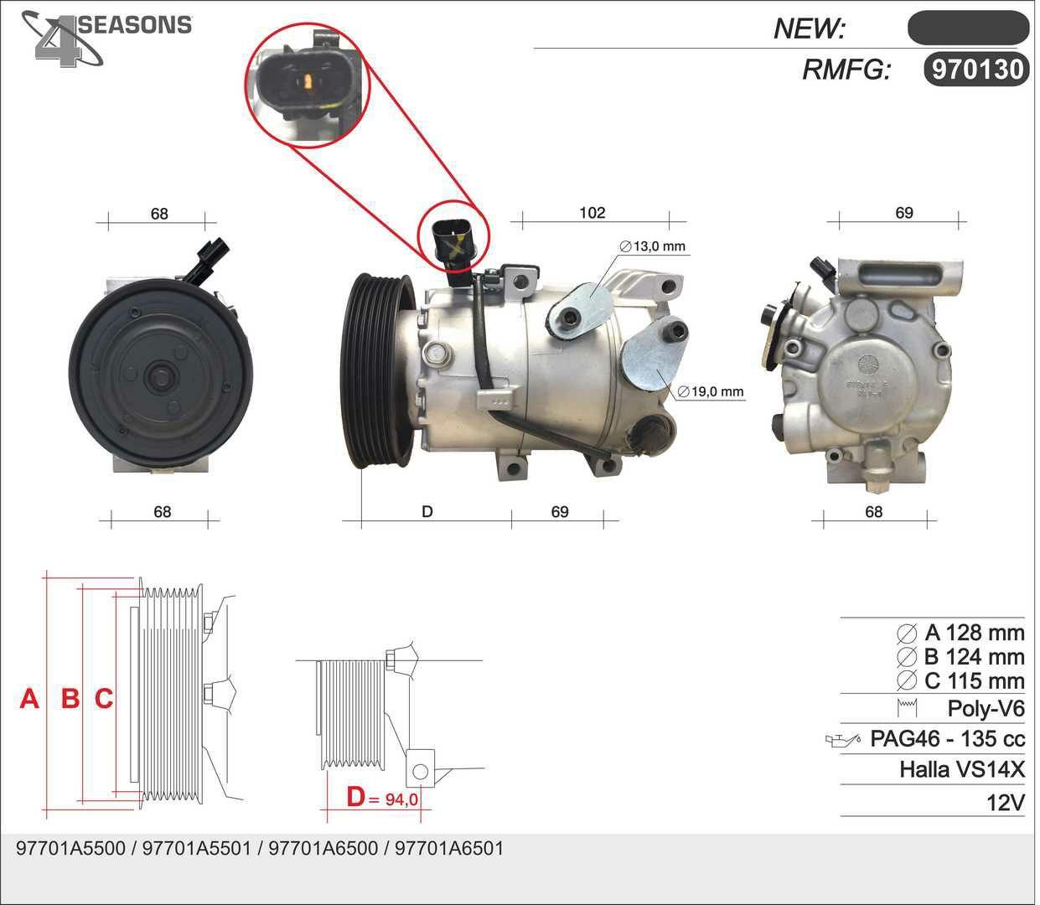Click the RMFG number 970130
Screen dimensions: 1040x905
pos(977,70)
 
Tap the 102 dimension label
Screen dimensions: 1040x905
pos(592,213)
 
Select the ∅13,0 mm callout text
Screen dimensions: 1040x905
pos(653,246)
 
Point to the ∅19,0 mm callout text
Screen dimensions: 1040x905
pos(711,392)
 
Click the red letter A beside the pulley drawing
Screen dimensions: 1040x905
pos(29,699)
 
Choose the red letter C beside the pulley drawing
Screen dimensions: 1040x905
pos(104,699)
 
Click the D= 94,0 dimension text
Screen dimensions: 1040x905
pos(382,797)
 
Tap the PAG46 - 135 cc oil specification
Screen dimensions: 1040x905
pos(948,739)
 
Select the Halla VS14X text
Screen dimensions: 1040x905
pos(962,769)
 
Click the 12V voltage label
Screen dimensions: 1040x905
pos(1006,803)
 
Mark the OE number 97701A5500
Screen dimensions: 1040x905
pos(70,848)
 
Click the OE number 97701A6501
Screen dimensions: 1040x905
pos(449,848)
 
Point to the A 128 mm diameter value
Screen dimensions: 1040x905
pos(975,633)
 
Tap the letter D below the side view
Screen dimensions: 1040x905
pos(427,512)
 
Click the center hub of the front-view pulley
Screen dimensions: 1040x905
pos(161,377)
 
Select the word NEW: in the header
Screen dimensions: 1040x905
pos(810,28)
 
